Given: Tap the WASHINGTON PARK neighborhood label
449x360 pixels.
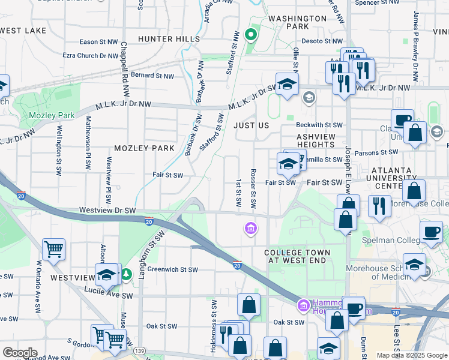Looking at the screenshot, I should pos(289,22).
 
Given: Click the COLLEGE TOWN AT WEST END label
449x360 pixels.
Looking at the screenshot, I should pos(295,256).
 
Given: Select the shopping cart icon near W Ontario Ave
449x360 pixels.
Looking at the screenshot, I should pos(54,248).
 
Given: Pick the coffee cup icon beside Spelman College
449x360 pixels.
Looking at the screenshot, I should pos(432,231).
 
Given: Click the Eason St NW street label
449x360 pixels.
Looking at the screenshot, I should pos(100,42).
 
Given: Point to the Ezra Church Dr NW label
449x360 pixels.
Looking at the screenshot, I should pos(91,55).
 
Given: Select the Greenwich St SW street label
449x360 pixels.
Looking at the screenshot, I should pos(173,270).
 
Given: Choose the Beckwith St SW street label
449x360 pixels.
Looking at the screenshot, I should pos(319,125).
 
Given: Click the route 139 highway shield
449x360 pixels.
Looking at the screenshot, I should pos(140,350).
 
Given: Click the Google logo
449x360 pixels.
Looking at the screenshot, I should pos(20,353).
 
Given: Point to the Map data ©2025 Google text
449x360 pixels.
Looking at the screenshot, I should pos(412,355).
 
